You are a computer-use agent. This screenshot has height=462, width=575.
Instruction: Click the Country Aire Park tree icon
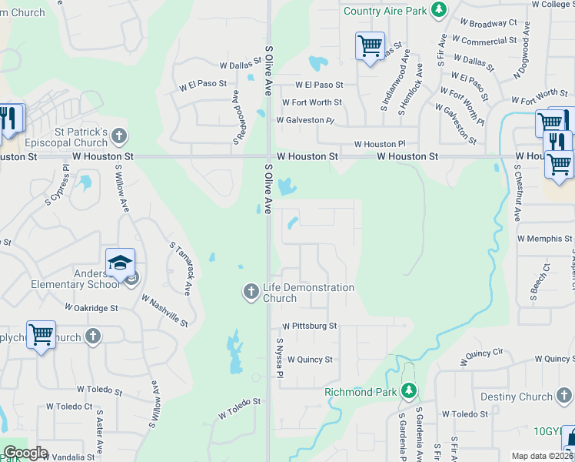coord(438,10)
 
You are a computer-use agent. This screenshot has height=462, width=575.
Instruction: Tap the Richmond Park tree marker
coord(410,392)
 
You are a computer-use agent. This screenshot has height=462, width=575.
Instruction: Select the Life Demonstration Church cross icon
coord(251,291)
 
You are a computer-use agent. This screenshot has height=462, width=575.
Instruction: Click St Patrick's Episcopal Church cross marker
coord(118,137)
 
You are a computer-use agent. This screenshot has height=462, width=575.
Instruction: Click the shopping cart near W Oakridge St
coord(41,335)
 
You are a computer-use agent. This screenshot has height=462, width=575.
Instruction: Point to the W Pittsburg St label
coord(309,326)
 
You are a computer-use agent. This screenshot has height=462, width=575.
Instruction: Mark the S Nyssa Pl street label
coord(281,359)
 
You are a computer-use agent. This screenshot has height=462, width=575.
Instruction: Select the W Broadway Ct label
coord(487,24)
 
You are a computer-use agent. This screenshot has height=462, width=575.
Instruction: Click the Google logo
coord(25,453)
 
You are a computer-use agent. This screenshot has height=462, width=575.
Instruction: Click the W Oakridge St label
coord(91,308)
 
